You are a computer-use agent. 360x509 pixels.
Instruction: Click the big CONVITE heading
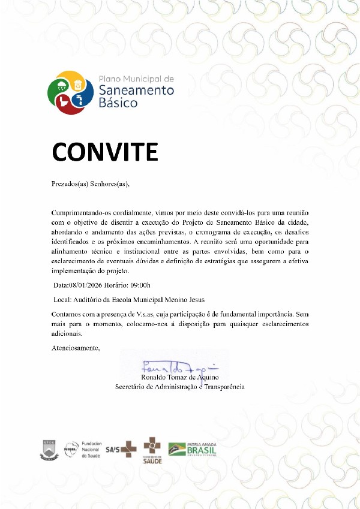click(x=105, y=152)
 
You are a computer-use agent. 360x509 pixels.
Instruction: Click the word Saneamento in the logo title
click(x=136, y=90)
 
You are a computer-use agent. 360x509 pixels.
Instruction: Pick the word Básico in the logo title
click(x=118, y=103)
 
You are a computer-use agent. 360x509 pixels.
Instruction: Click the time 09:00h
click(x=140, y=285)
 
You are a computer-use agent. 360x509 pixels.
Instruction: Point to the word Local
click(x=62, y=299)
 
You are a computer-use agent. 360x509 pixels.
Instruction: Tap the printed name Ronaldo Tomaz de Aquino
click(x=180, y=378)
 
